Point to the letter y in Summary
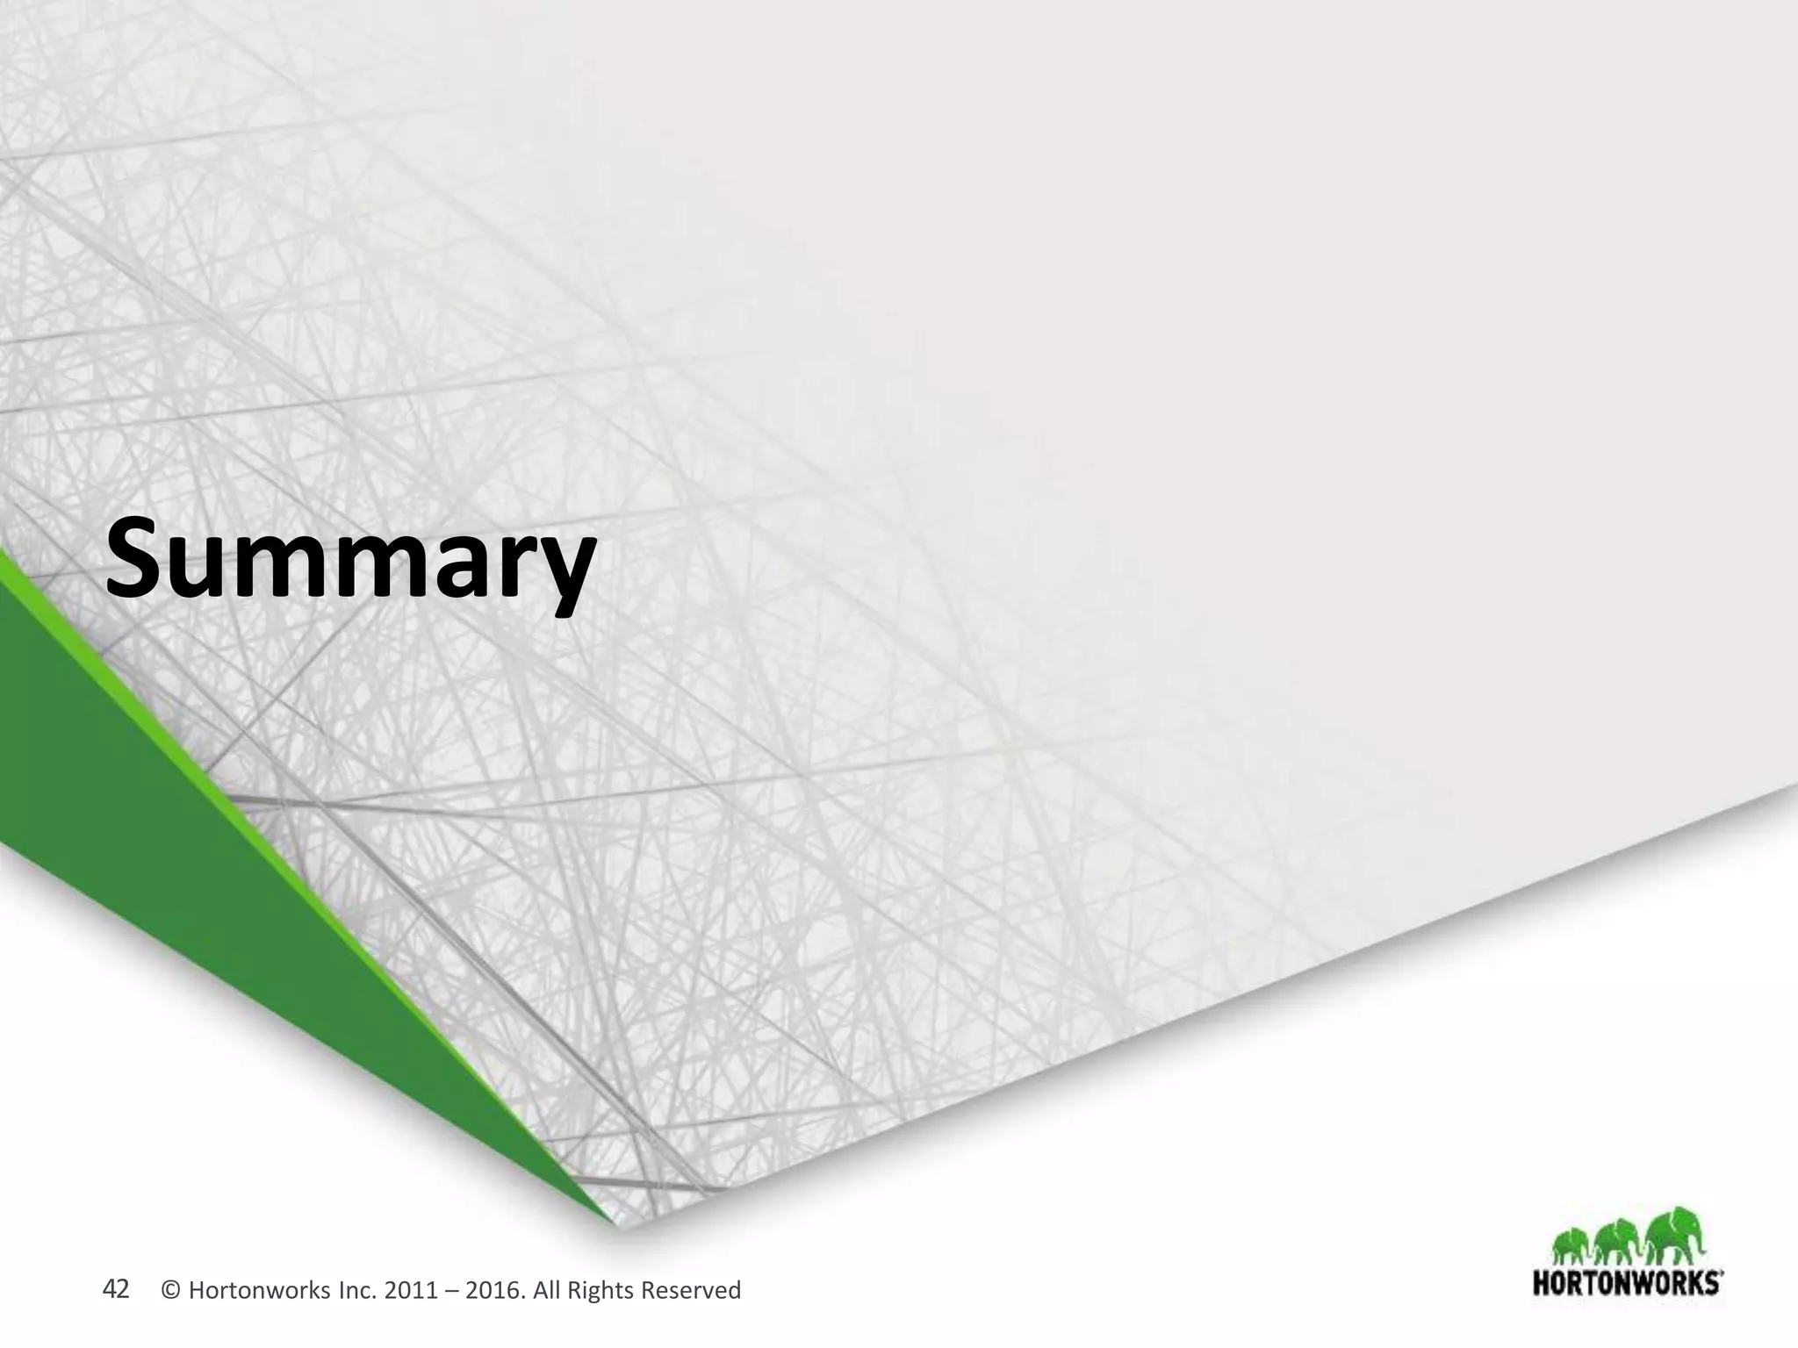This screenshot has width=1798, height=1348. click(561, 570)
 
